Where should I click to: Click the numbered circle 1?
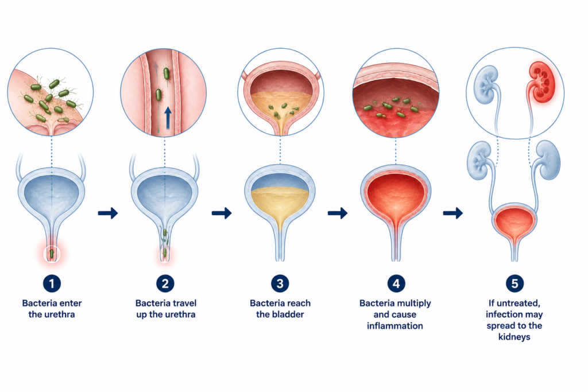point(52,284)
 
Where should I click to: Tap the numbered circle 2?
point(165,284)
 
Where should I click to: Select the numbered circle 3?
point(280,284)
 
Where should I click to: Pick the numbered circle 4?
point(396,284)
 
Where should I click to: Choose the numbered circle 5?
point(514,284)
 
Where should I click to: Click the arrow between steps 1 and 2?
point(108,214)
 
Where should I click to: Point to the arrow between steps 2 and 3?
point(222,214)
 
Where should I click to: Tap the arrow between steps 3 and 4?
point(338,214)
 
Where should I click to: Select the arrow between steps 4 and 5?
point(453,214)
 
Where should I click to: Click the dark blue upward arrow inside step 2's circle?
point(168,118)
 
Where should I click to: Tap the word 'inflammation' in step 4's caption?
point(395,326)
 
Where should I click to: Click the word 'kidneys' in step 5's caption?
point(514,337)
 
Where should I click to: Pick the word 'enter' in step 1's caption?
point(70,303)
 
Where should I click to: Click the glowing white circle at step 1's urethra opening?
point(52,254)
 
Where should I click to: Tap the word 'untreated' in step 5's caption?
point(517,303)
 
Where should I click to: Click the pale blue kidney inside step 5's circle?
point(486,85)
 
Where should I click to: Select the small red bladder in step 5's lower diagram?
point(514,223)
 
